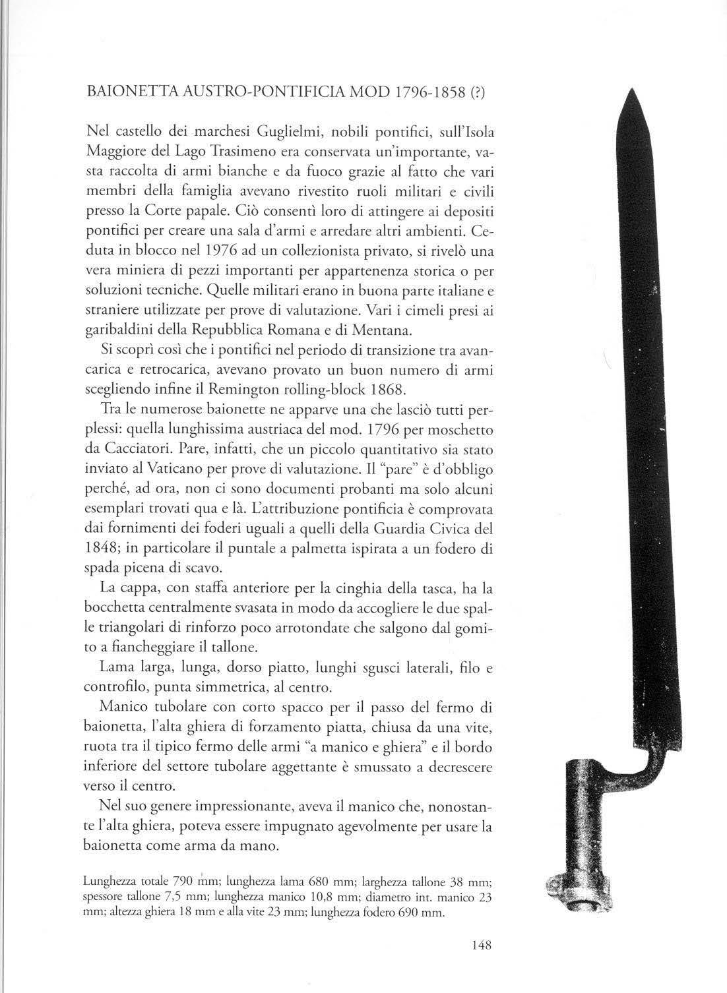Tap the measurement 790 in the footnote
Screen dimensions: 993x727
pos(181,881)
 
